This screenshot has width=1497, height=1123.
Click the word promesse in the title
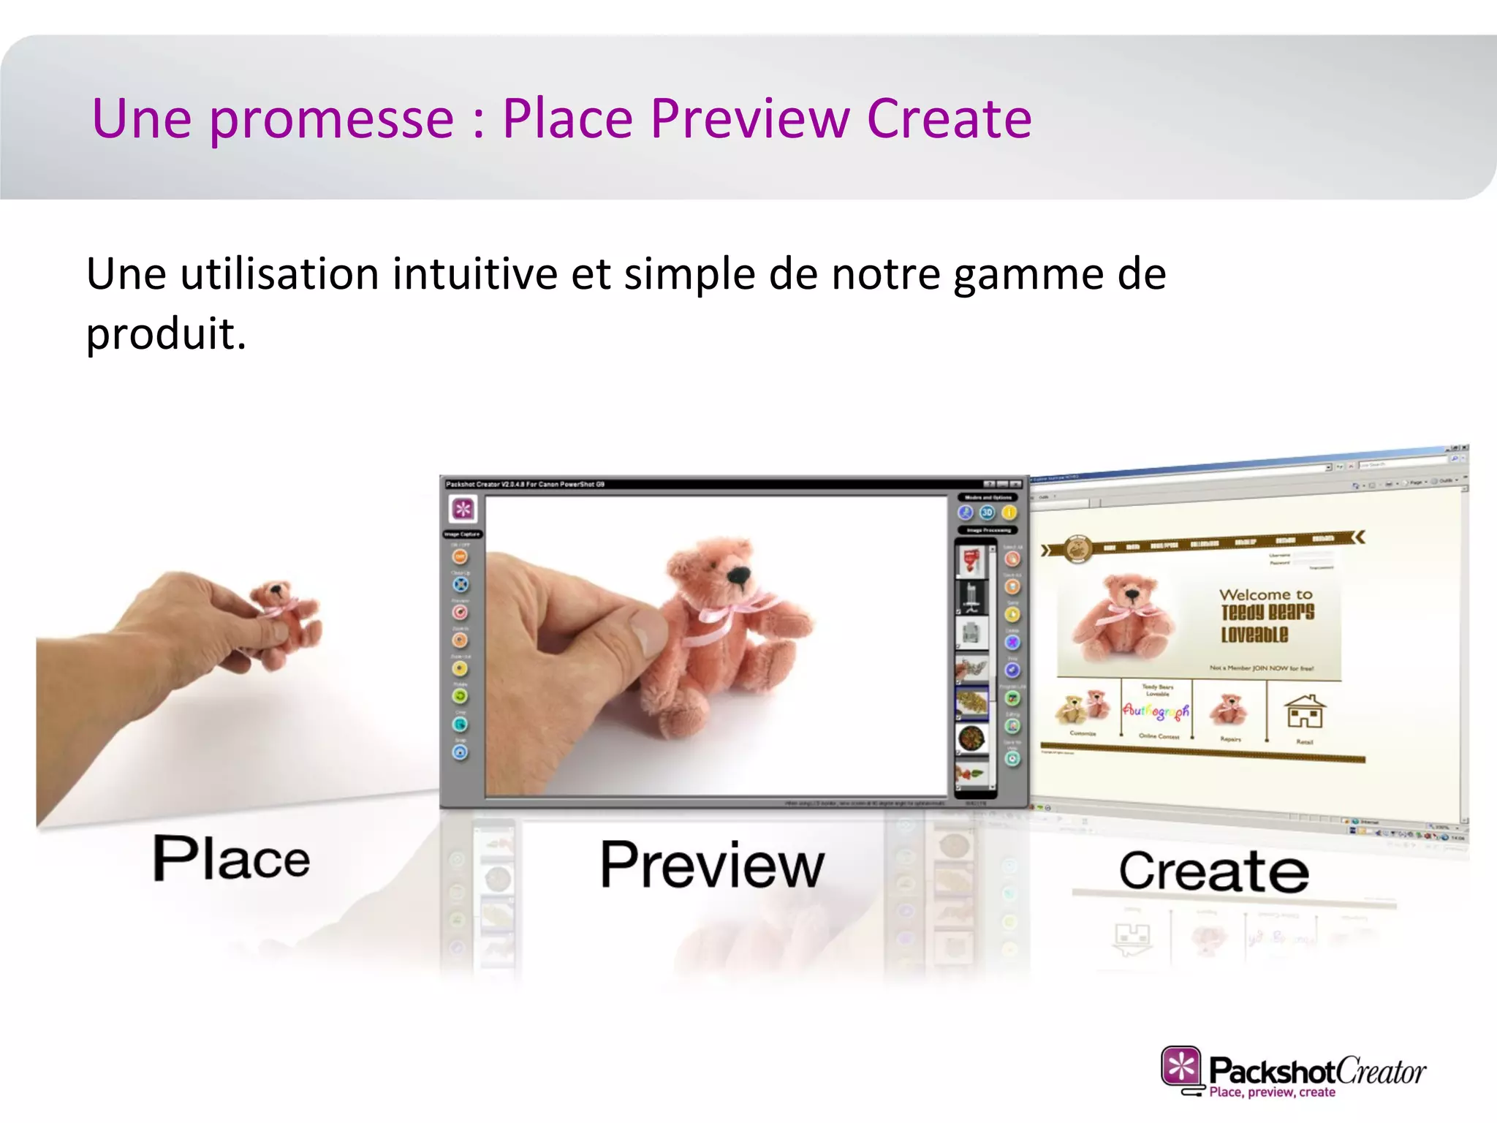click(x=331, y=119)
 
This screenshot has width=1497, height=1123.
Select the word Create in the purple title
click(x=949, y=119)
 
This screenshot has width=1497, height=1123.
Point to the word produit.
click(x=165, y=335)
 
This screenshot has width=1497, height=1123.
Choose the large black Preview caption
click(x=712, y=865)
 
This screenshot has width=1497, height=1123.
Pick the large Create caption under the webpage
click(x=1213, y=871)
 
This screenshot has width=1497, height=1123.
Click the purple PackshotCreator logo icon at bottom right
click(x=1180, y=1067)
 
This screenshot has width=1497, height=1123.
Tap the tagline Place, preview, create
click(x=1272, y=1092)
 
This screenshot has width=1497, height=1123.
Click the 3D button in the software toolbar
click(x=987, y=513)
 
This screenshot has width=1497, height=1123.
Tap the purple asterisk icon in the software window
click(x=463, y=509)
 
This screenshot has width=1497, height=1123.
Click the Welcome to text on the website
click(x=1265, y=594)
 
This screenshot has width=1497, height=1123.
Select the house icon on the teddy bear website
click(x=1305, y=711)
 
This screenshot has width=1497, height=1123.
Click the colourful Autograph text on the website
click(x=1156, y=710)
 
